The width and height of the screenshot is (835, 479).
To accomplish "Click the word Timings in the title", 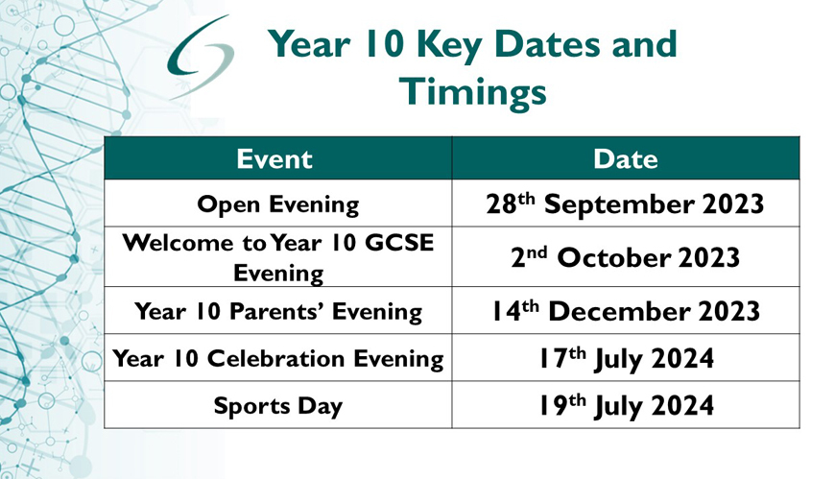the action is click(473, 92).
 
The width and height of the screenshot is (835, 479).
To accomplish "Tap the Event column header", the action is click(278, 158).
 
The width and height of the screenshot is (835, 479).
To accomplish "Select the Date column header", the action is click(626, 158).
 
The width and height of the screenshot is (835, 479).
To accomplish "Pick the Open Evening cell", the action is click(278, 204).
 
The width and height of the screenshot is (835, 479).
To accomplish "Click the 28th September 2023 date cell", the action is click(626, 204).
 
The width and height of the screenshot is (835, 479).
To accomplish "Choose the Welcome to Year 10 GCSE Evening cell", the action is click(278, 257).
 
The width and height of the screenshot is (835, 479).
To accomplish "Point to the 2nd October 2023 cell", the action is click(626, 257).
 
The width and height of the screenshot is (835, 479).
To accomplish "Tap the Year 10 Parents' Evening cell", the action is click(278, 311).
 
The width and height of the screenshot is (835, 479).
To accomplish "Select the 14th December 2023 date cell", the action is click(626, 311).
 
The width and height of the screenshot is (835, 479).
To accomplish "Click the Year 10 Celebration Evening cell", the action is click(278, 357).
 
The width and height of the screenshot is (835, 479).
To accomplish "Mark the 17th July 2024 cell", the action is click(626, 357).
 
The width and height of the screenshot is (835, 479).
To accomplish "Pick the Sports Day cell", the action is click(278, 404).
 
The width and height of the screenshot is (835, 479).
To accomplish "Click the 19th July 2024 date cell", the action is click(626, 404).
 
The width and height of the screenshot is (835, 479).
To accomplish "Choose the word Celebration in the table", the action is click(275, 358).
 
